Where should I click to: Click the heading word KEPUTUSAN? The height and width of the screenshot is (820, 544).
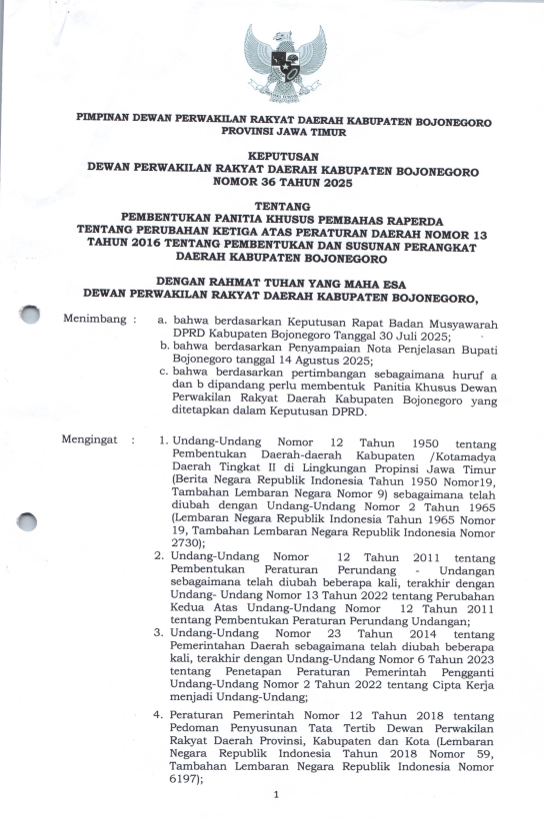283,158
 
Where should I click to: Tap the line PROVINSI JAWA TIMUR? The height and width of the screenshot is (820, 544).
284,131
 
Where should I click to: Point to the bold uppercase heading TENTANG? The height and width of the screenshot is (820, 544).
283,205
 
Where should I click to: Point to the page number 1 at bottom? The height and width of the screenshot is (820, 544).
274,795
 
